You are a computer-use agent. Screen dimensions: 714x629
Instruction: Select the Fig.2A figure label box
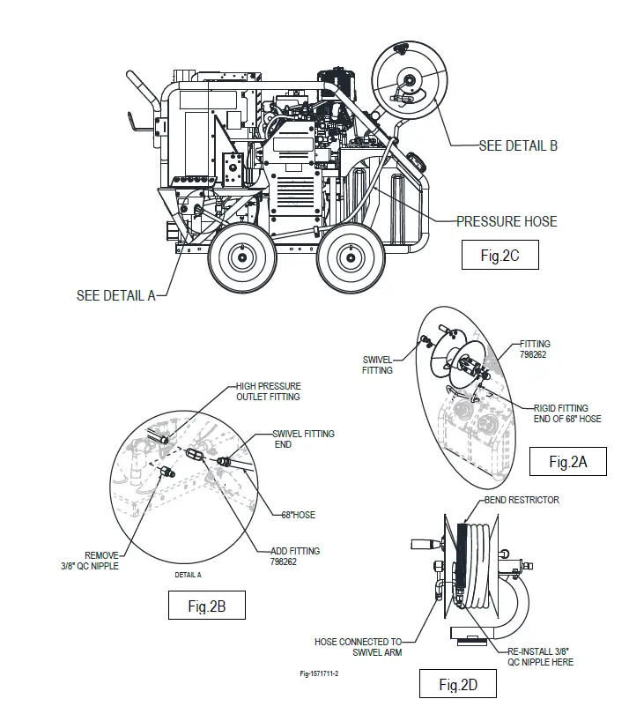point(567,461)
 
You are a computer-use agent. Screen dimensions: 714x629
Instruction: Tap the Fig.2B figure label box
point(207,606)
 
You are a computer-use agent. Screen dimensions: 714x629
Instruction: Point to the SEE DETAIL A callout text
point(116,295)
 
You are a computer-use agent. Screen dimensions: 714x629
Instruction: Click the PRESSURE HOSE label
point(507,221)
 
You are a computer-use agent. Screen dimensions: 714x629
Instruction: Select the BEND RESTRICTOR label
point(522,500)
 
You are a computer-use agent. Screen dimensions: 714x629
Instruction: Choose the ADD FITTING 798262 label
point(295,556)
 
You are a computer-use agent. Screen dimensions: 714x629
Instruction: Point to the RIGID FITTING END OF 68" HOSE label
point(567,413)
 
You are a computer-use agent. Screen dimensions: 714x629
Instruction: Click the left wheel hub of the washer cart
point(240,257)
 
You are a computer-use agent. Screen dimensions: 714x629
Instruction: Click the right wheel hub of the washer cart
point(349,257)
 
